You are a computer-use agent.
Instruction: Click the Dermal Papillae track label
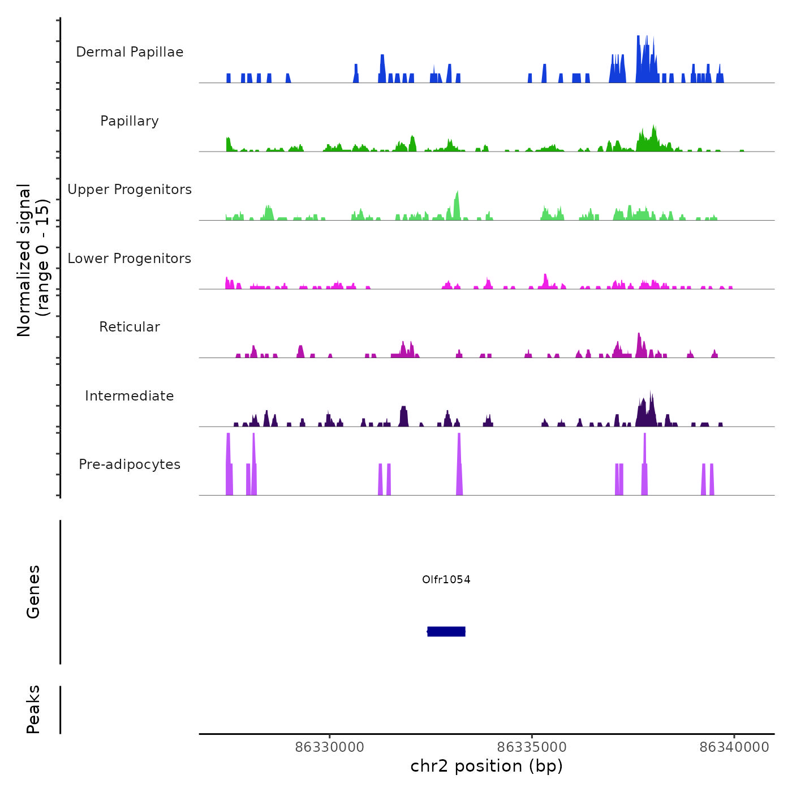click(x=130, y=52)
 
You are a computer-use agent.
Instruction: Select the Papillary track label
click(x=130, y=121)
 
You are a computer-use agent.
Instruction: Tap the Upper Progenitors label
click(x=130, y=190)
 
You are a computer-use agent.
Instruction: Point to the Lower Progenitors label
click(x=130, y=259)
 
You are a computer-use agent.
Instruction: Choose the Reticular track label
click(x=130, y=327)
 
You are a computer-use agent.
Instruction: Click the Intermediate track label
click(x=130, y=396)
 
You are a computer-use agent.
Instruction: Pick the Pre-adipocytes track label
click(x=130, y=464)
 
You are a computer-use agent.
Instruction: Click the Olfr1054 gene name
click(x=446, y=579)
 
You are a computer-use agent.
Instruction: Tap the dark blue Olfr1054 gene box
click(x=446, y=631)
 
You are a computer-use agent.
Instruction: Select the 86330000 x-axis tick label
click(x=330, y=747)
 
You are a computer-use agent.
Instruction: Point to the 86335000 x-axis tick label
click(x=532, y=747)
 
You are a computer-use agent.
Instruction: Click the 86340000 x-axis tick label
click(x=734, y=747)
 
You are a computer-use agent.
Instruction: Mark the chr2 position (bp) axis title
click(x=487, y=766)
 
